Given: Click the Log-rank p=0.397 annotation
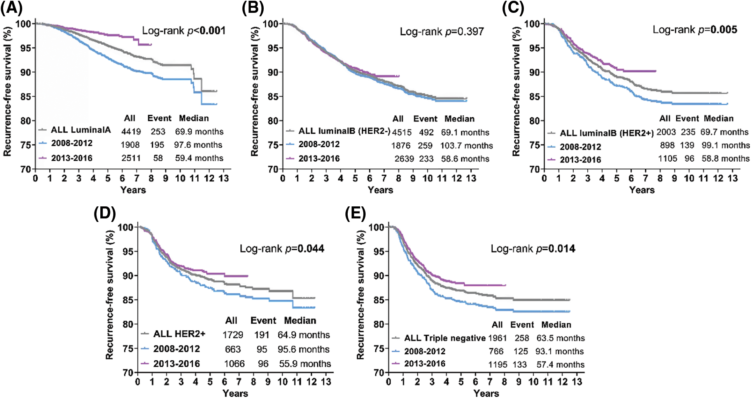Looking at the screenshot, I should click(442, 31).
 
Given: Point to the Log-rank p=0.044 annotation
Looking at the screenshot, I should click(282, 249).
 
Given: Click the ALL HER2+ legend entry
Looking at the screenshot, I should click(179, 334).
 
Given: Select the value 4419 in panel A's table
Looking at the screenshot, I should click(131, 132).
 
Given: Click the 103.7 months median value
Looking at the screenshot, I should click(466, 146).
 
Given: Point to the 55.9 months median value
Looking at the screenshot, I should click(305, 364).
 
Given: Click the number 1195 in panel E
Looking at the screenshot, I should click(498, 365).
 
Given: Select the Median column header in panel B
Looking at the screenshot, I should click(459, 119).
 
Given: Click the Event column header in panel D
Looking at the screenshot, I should click(263, 321).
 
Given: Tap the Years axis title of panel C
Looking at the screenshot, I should click(642, 190).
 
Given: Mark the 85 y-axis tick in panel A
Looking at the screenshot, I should click(25, 96).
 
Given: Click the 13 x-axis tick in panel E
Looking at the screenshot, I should click(577, 382).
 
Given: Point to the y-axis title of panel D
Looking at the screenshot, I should click(110, 295).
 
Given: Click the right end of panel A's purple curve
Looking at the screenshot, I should click(151, 45).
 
